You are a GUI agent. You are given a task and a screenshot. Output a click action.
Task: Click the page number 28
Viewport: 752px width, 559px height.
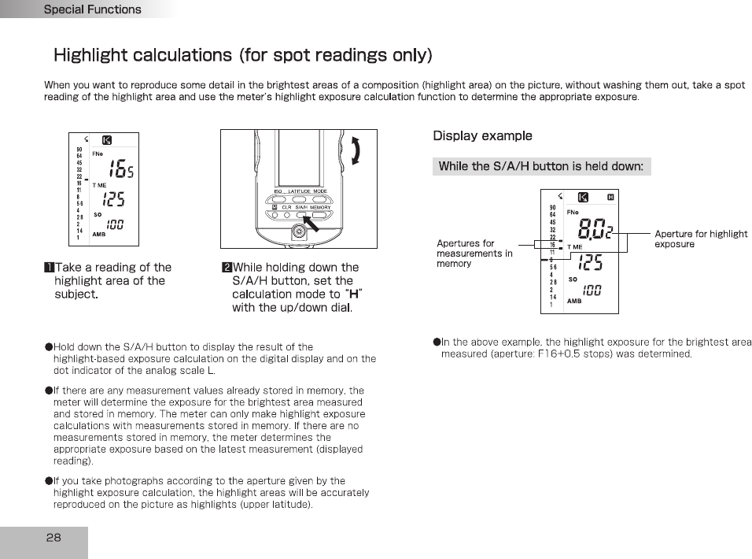(53, 538)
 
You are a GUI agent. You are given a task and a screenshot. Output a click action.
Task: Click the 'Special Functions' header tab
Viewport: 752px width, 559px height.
(92, 9)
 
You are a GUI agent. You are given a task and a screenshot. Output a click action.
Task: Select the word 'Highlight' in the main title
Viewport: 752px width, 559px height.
(90, 55)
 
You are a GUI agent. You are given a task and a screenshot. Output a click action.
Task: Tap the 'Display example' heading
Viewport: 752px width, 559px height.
(482, 135)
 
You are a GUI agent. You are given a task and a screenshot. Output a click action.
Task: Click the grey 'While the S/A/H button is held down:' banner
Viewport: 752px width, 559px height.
(541, 166)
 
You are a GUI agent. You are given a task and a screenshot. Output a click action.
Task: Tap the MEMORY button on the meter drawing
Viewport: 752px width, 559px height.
(320, 215)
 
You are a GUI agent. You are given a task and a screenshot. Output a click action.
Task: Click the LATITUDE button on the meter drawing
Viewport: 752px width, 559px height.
(299, 199)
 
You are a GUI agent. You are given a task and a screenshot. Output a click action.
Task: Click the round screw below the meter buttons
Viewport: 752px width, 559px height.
(298, 231)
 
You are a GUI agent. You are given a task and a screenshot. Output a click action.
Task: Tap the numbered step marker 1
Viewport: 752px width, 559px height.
(49, 268)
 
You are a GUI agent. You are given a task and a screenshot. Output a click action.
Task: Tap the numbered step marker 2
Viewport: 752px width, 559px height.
(227, 268)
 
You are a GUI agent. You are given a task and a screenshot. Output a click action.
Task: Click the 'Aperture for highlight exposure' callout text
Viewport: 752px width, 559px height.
(701, 239)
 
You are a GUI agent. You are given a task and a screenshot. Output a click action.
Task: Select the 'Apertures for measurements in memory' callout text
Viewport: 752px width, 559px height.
(474, 254)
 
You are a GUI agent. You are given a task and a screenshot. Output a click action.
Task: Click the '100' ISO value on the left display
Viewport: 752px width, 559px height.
(115, 224)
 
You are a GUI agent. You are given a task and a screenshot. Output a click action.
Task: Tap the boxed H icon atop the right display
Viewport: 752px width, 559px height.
(610, 196)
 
